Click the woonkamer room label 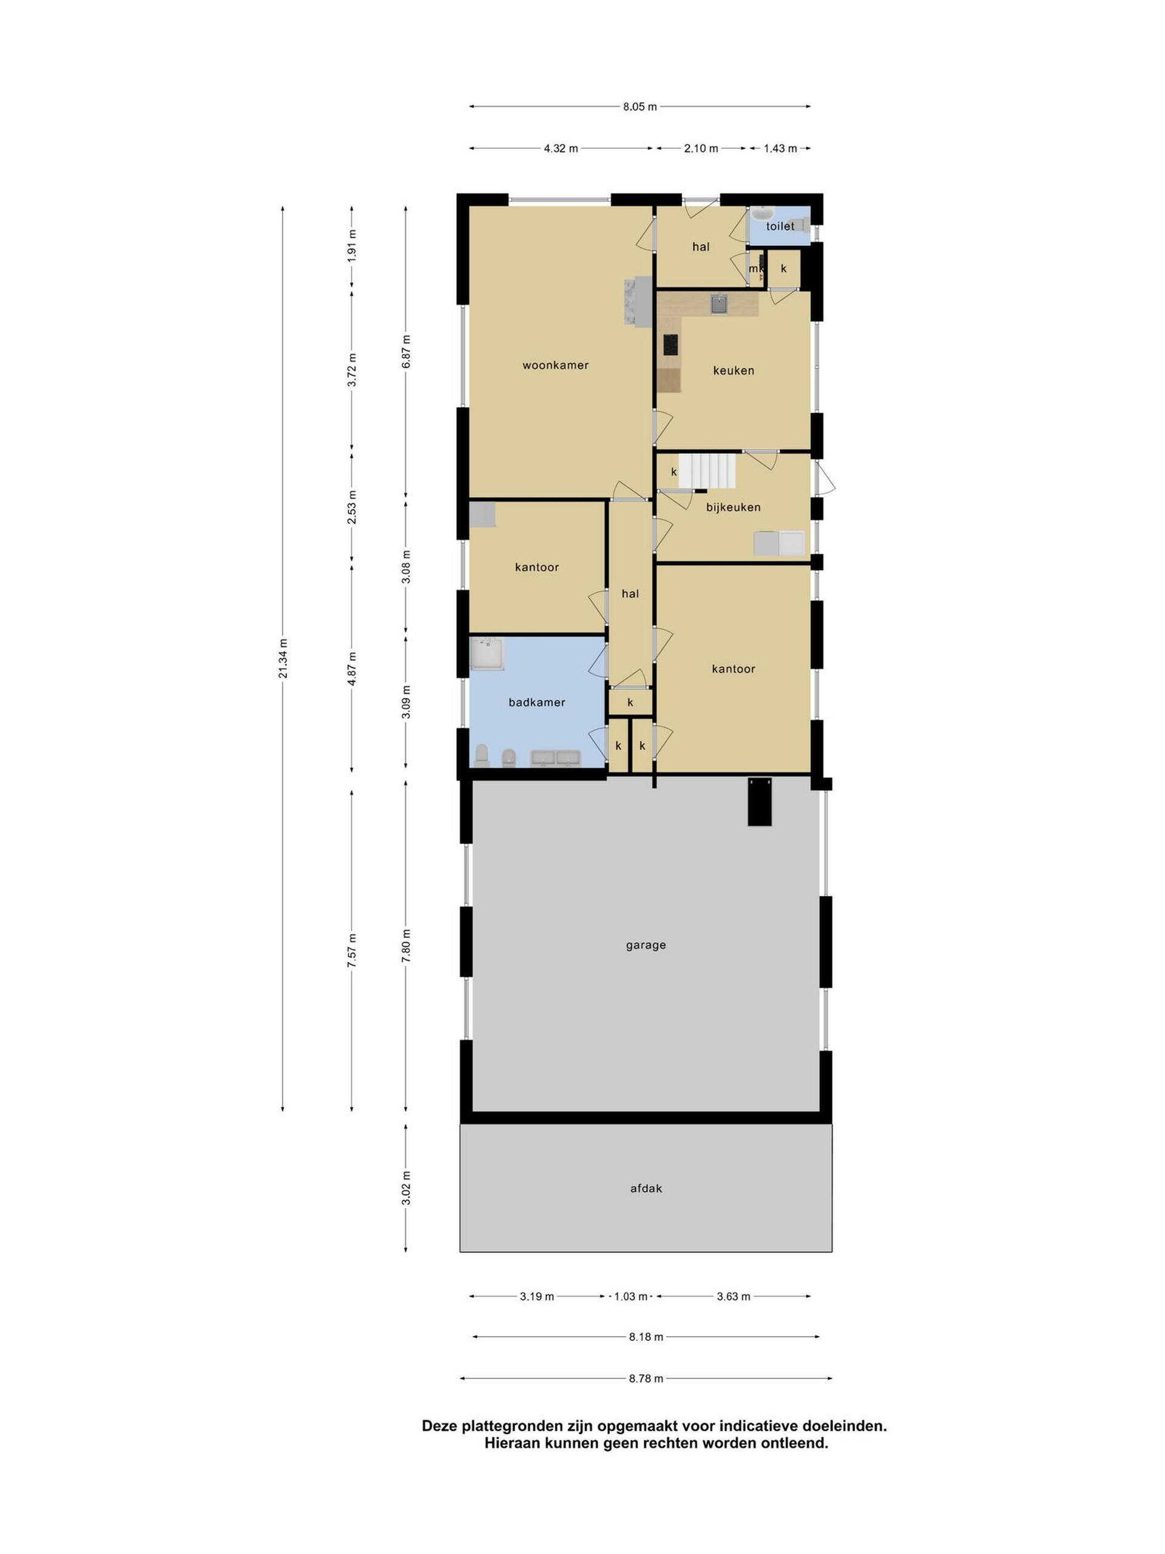tap(555, 365)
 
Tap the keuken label tap(733, 370)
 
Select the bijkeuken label tap(733, 506)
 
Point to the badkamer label tap(536, 702)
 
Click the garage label tap(646, 945)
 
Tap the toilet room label tap(780, 226)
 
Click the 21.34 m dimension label tap(283, 658)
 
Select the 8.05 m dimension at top tap(640, 107)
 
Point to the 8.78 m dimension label tap(646, 1379)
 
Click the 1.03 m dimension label tap(630, 1296)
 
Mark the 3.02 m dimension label tap(406, 1188)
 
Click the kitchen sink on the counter tap(718, 304)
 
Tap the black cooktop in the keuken tap(670, 344)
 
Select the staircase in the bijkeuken tap(706, 470)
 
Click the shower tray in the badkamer tap(485, 653)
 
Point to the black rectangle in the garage tap(759, 801)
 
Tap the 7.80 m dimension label tap(406, 947)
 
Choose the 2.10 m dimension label tap(701, 148)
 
